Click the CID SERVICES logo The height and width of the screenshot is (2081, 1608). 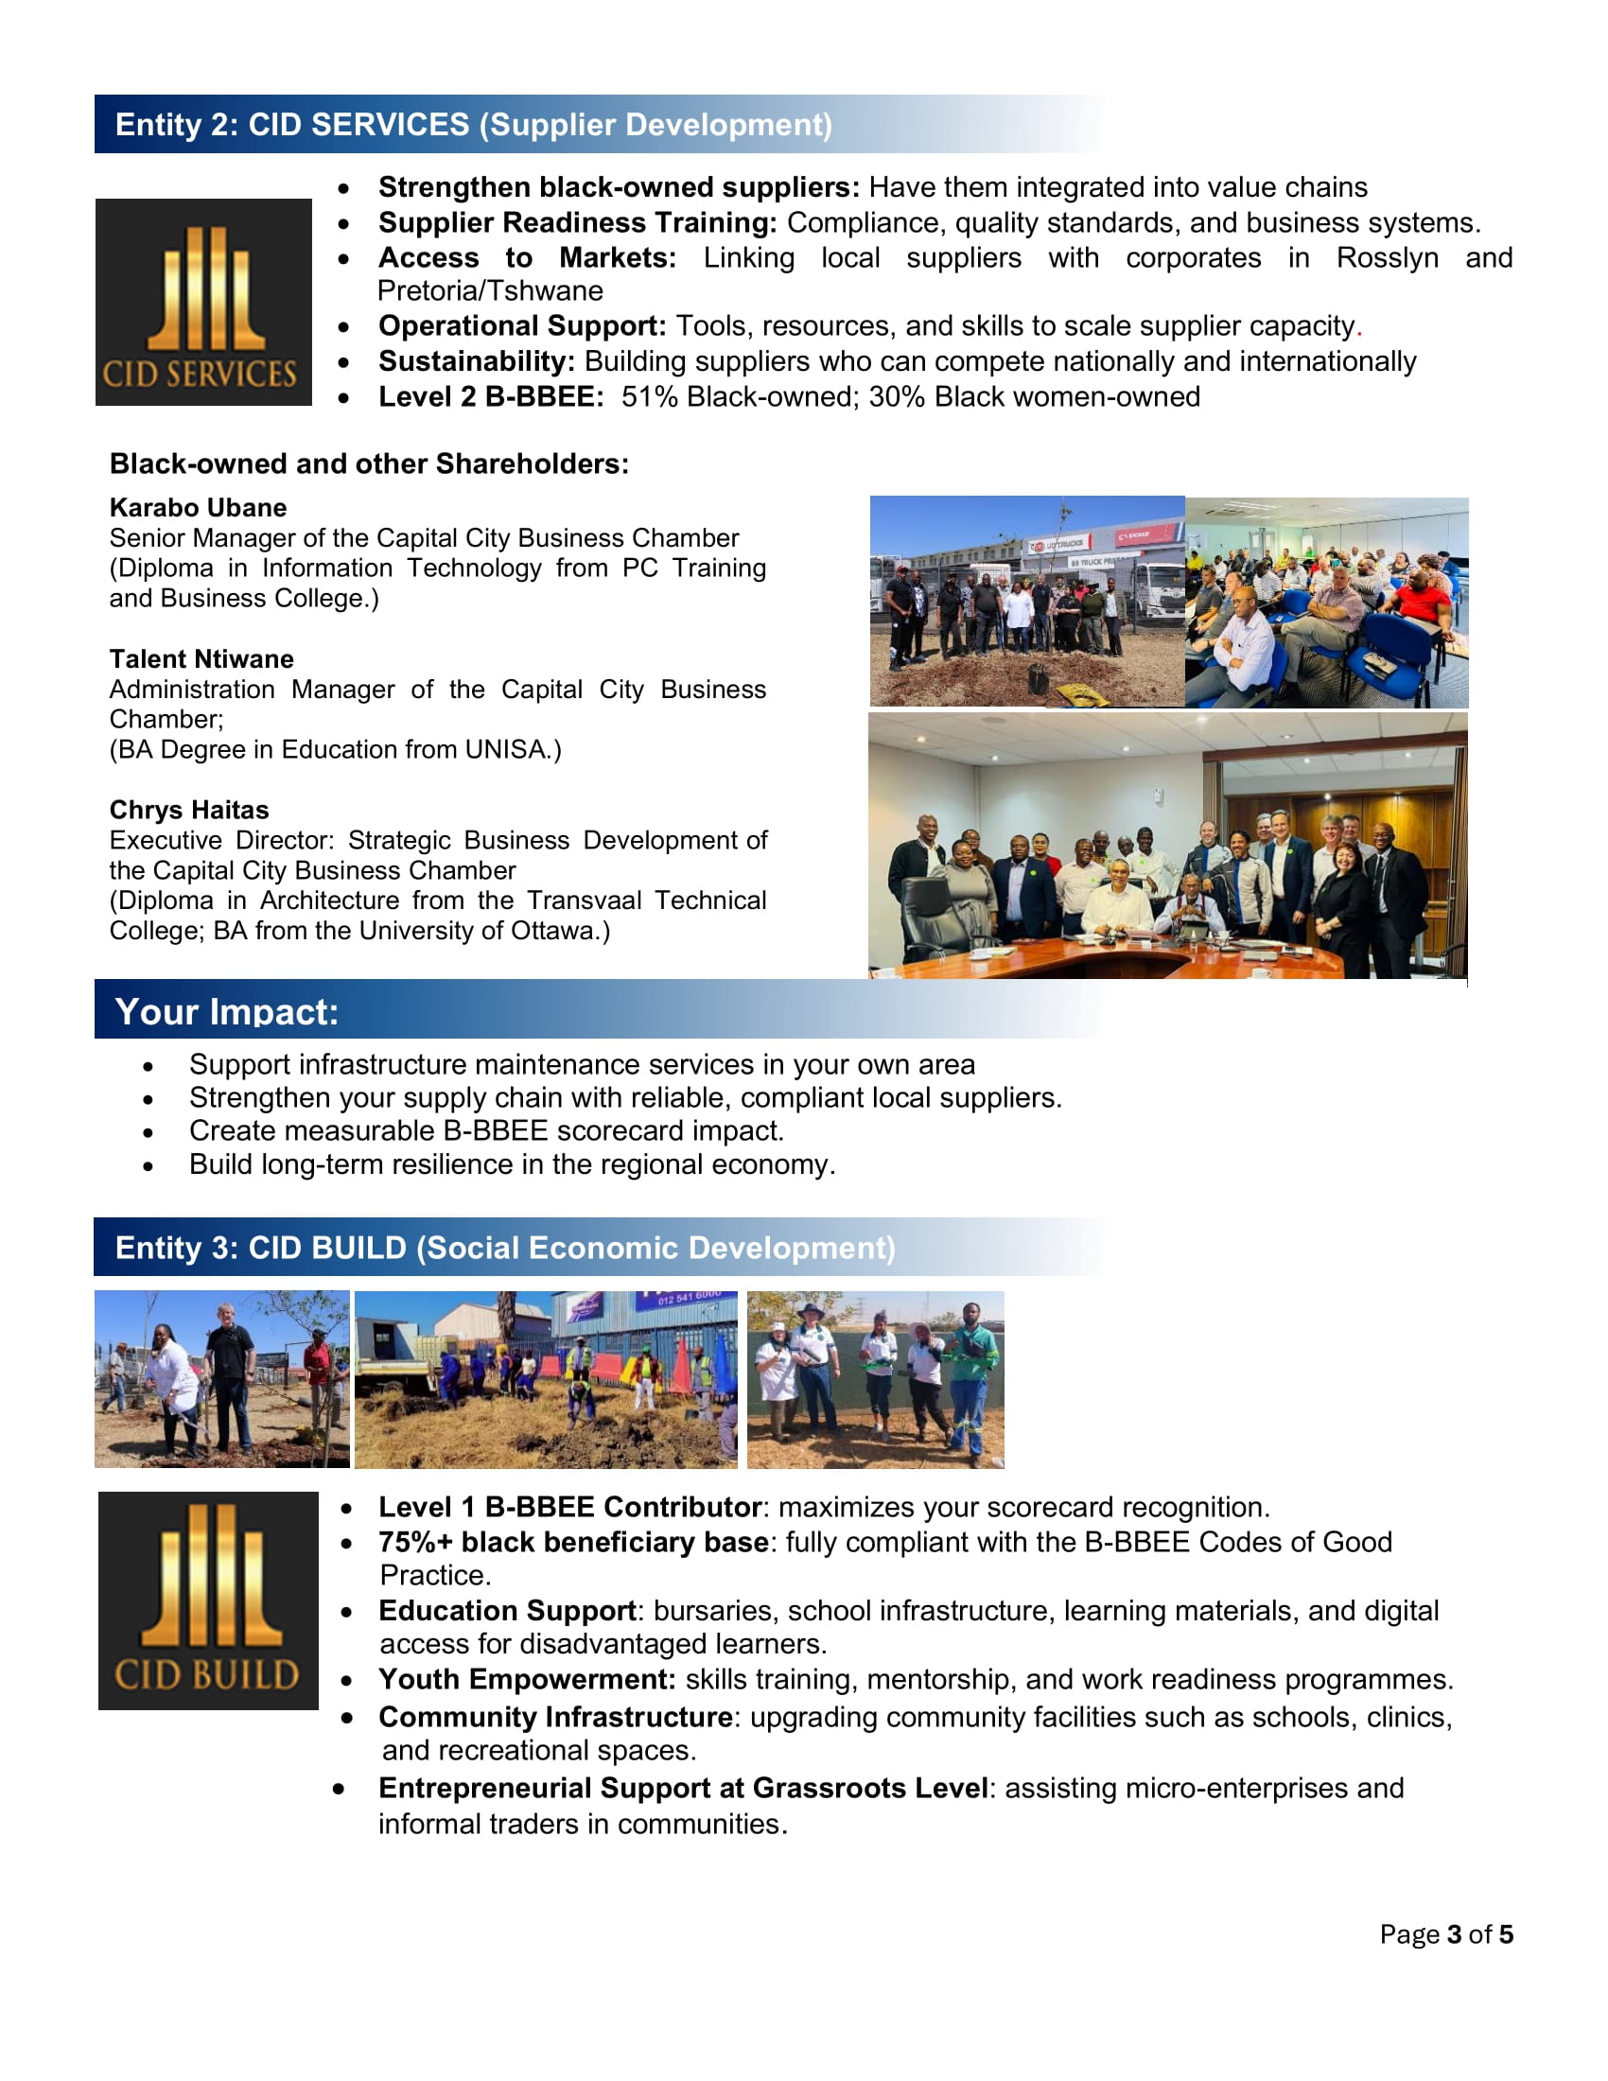coord(203,301)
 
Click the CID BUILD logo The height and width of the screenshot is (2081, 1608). coord(208,1600)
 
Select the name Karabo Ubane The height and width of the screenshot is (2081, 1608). coord(197,507)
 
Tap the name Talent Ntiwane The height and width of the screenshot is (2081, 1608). coord(201,658)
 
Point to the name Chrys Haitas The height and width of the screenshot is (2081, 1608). coord(188,809)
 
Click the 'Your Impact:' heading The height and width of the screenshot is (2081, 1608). coord(227,1011)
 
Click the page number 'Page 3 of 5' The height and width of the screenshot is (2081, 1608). coord(1445,1933)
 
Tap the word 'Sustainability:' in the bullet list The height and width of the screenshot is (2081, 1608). coord(477,361)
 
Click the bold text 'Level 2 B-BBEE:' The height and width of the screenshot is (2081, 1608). coord(491,396)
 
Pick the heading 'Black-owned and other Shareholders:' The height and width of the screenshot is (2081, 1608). coord(369,463)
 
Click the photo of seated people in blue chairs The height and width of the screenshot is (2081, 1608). coord(1326,602)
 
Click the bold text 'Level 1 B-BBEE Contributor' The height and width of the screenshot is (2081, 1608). coord(569,1507)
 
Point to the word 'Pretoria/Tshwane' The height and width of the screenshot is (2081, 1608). coord(490,290)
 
